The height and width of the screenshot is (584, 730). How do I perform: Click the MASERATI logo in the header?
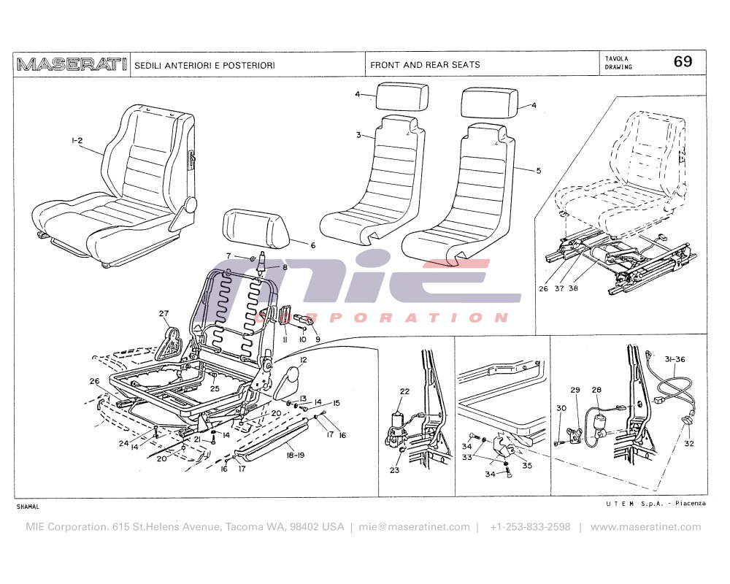point(72,64)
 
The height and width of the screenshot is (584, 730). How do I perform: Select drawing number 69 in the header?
point(683,62)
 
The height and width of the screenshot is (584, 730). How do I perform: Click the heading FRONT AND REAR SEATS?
point(425,65)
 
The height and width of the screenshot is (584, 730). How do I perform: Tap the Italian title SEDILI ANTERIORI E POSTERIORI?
point(204,66)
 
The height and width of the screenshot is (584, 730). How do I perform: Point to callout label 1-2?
point(77,140)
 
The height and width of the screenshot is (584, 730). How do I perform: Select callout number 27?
point(163,315)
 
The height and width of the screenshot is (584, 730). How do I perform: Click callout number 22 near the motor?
point(404,391)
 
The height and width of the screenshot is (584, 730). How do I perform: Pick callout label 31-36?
point(676,358)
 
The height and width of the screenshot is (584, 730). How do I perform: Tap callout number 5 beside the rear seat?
point(538,171)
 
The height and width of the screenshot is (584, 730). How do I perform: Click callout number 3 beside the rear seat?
point(358,136)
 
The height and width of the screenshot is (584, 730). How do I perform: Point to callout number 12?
point(302,361)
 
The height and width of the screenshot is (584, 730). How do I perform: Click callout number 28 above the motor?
point(596,391)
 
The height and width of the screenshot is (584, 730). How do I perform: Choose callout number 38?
point(574,288)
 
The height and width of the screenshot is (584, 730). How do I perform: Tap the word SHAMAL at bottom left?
point(28,506)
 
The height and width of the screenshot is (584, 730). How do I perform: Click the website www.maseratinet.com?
point(645,527)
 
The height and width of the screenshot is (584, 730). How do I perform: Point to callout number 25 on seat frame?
point(215,388)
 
